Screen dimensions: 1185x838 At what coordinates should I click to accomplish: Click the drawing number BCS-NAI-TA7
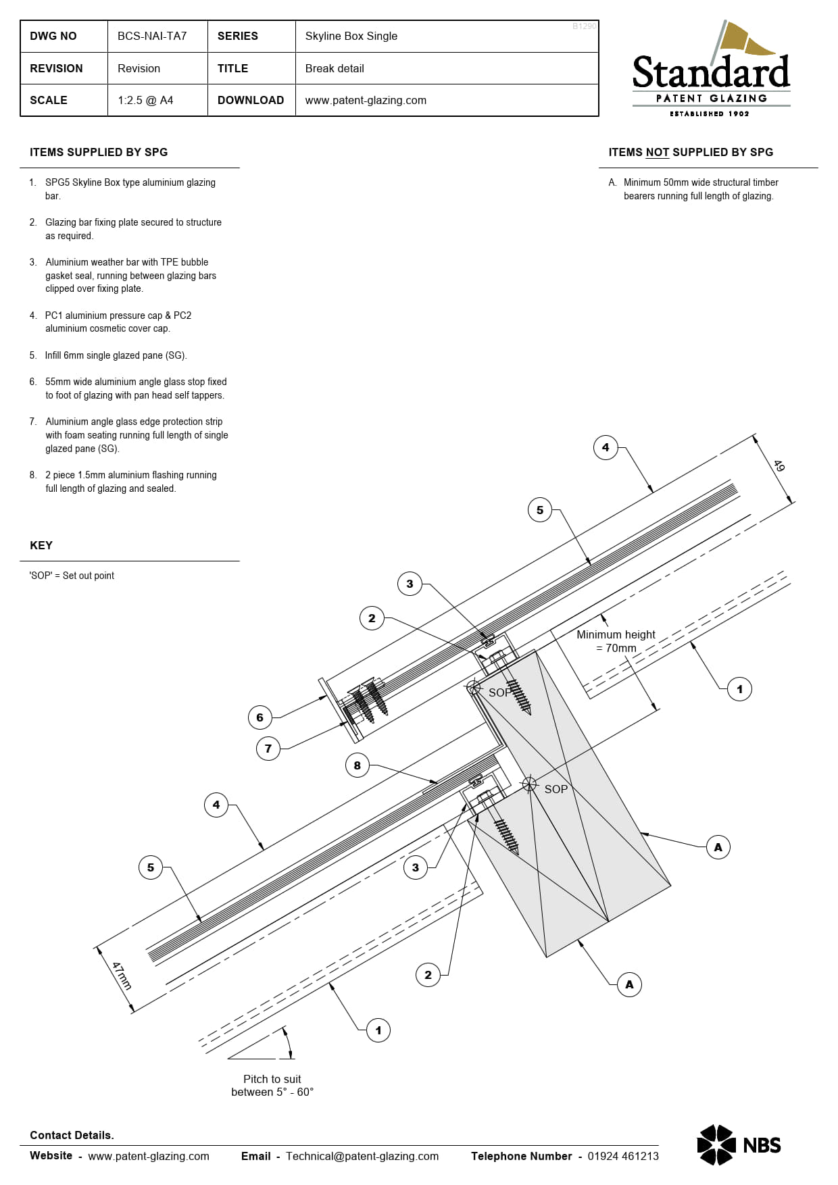coord(152,36)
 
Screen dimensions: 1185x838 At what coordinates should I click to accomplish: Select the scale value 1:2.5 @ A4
coord(145,100)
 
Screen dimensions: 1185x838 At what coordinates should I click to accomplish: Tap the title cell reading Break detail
coord(335,68)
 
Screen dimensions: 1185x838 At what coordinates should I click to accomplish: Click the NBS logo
coord(739,1144)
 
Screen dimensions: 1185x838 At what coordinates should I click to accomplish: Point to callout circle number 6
coord(260,717)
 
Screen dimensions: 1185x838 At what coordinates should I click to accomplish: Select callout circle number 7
coord(268,749)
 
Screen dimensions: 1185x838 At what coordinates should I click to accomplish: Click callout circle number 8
coord(358,765)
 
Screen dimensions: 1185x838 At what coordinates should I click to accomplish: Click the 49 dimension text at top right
coord(779,466)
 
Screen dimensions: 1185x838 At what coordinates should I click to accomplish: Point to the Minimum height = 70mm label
coord(616,641)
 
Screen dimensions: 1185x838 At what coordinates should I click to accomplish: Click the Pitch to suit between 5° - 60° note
coord(272,1085)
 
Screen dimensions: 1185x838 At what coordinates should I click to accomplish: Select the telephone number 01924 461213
coord(622,1156)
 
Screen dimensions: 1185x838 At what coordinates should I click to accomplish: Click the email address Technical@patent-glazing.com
coord(362,1156)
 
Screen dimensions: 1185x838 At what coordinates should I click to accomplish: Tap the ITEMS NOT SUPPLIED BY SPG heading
coord(691,152)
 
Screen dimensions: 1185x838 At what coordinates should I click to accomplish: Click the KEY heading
coord(41,545)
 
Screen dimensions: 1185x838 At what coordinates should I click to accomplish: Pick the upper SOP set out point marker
coord(474,688)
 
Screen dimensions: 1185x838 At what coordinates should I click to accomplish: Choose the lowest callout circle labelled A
coord(629,984)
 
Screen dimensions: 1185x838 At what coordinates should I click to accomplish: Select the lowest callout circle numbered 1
coord(378,1030)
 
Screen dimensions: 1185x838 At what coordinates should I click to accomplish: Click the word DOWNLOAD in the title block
coord(251,100)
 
